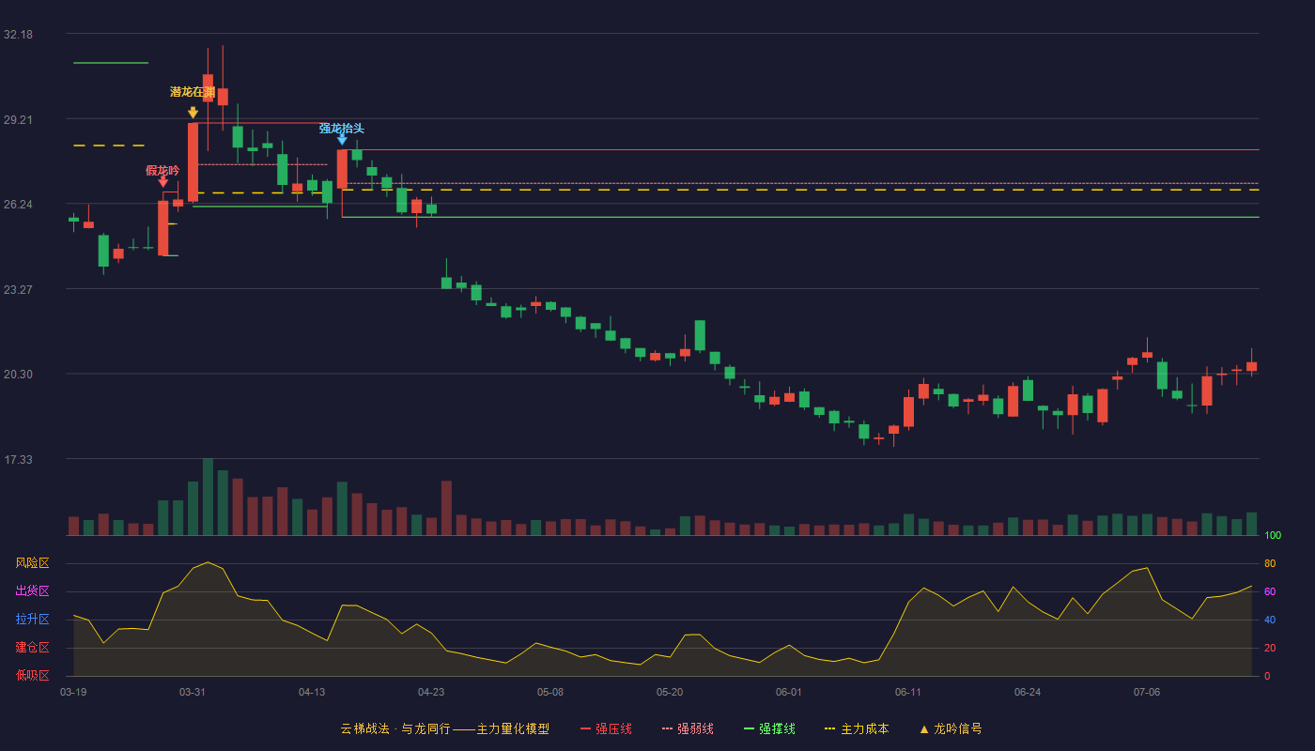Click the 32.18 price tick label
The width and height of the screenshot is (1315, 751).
(x=18, y=35)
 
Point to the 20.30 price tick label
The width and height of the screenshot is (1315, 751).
(x=18, y=375)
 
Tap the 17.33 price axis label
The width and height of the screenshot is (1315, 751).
(x=18, y=459)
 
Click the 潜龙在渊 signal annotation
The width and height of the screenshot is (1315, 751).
(x=193, y=92)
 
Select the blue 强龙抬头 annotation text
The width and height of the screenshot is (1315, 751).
(x=342, y=129)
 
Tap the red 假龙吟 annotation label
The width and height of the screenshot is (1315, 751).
(x=162, y=171)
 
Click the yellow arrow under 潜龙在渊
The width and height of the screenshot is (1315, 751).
(x=193, y=112)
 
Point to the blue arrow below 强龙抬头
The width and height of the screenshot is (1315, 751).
(x=342, y=140)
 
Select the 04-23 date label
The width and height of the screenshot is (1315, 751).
(x=431, y=693)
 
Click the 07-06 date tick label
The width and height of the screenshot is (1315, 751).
(x=1147, y=693)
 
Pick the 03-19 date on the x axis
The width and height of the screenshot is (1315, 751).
(x=73, y=693)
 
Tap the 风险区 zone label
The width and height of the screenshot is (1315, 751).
(x=32, y=563)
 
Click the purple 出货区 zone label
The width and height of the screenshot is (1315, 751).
(x=32, y=590)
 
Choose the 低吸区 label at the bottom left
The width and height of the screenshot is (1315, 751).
(x=32, y=675)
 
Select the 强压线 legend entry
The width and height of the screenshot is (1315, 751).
(x=606, y=728)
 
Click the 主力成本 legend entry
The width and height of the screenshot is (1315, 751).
(x=857, y=728)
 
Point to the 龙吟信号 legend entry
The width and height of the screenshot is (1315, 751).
(x=951, y=728)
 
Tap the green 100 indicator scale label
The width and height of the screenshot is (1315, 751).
(x=1273, y=535)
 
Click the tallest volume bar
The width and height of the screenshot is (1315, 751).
(x=208, y=497)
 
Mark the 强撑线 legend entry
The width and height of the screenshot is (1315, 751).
(x=769, y=728)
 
